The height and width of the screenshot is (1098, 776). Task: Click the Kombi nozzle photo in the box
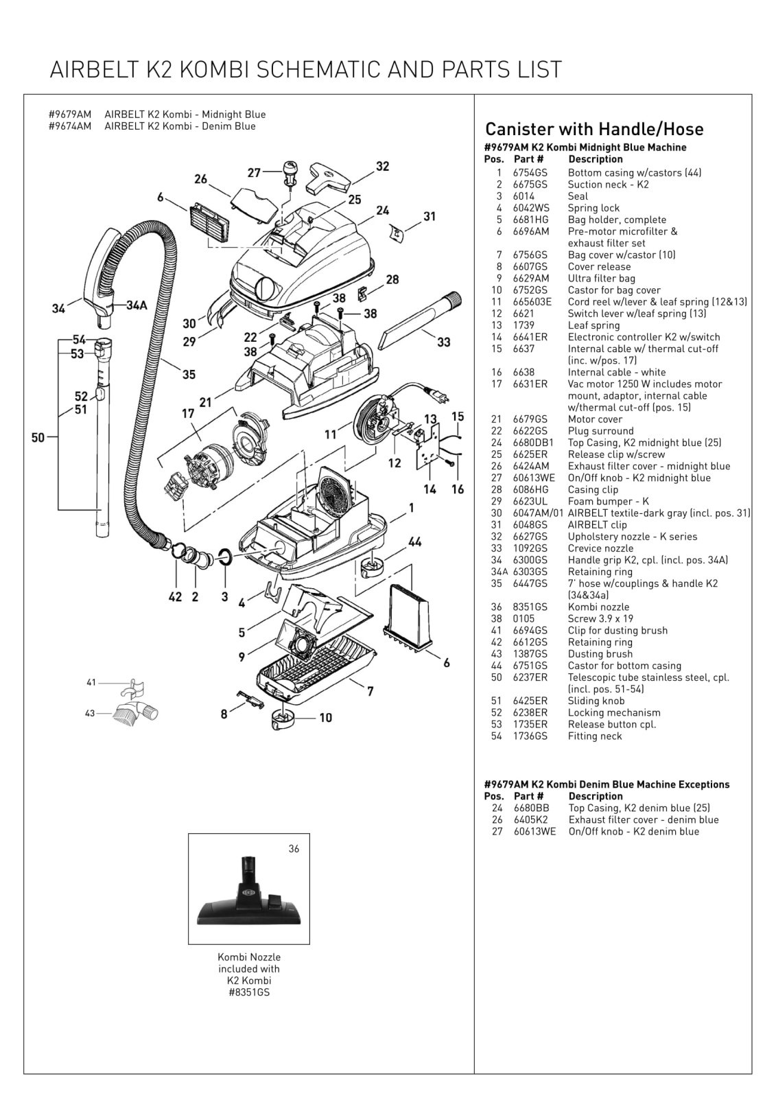pyautogui.click(x=248, y=896)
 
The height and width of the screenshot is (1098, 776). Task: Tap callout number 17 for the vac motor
pyautogui.click(x=188, y=414)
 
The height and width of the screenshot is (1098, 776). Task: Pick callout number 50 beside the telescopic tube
pyautogui.click(x=38, y=437)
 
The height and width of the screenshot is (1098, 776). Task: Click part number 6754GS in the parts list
pyautogui.click(x=530, y=172)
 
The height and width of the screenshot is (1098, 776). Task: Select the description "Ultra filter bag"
pyautogui.click(x=602, y=279)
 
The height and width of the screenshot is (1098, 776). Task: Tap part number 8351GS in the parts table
pyautogui.click(x=530, y=607)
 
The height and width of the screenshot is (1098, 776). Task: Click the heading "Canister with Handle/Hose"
pyautogui.click(x=594, y=129)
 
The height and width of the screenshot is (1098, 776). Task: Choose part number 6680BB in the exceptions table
pyautogui.click(x=531, y=808)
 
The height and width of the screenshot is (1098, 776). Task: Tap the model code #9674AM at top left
pyautogui.click(x=70, y=126)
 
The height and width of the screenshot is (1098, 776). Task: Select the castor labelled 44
pyautogui.click(x=372, y=566)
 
